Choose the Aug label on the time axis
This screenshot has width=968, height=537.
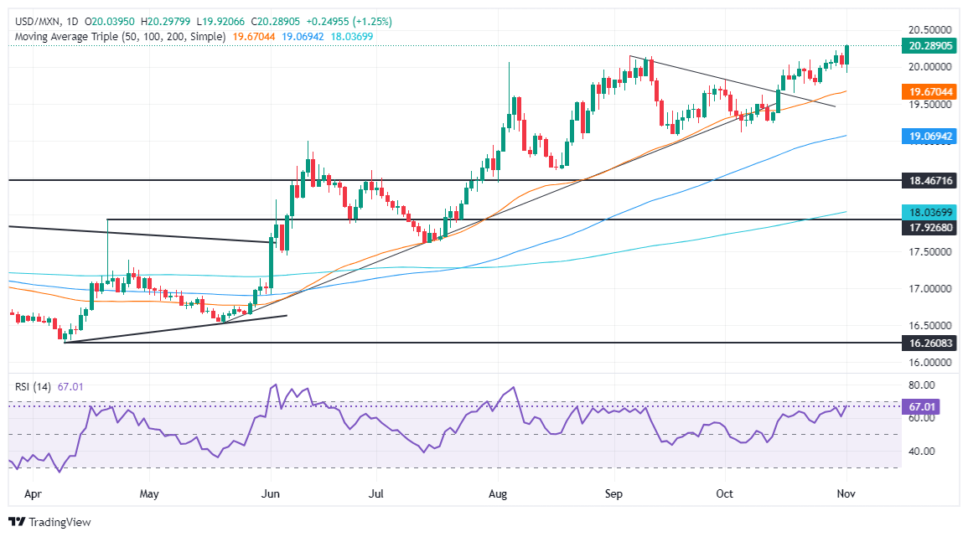pos(498,493)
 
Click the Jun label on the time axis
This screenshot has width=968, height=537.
pos(269,493)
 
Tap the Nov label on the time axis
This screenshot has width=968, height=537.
pos(846,493)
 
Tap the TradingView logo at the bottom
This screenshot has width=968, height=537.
pos(49,522)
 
